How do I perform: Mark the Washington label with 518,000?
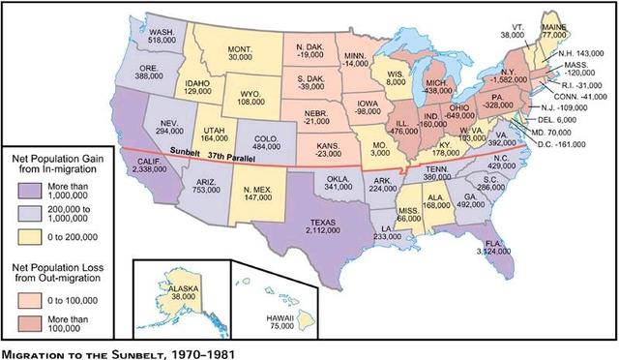tap(162, 38)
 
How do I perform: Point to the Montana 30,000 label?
tap(240, 53)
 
